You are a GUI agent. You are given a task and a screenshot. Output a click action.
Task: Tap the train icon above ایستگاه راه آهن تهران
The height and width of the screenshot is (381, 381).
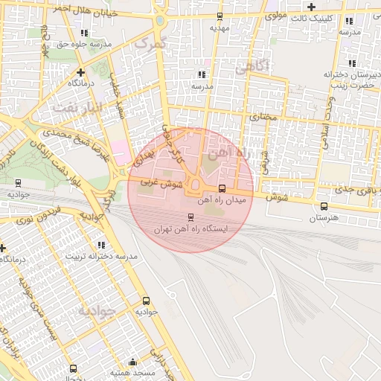click(x=190, y=218)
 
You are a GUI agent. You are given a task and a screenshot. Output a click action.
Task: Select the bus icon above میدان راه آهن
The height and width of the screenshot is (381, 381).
click(x=221, y=188)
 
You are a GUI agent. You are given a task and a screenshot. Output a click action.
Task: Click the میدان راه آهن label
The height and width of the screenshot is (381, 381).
click(x=221, y=200)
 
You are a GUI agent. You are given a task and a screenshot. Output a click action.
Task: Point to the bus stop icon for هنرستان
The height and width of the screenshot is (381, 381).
click(x=324, y=206)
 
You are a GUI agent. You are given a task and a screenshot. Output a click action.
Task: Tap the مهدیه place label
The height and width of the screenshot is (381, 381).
click(x=218, y=28)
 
